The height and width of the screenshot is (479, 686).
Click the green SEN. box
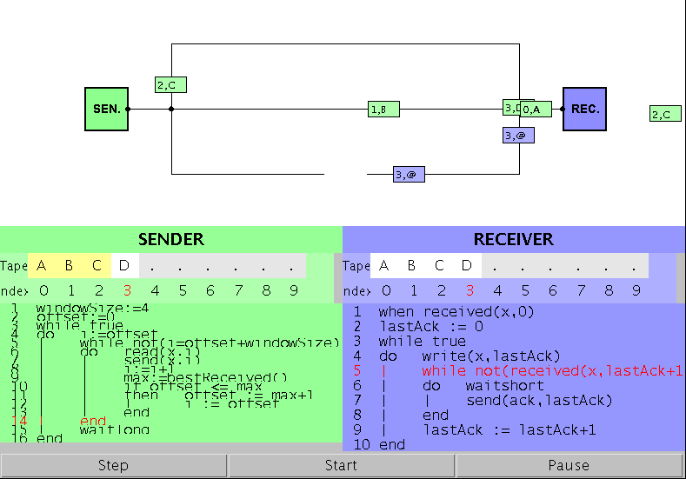pyautogui.click(x=106, y=110)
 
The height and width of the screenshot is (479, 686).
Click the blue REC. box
pyautogui.click(x=584, y=110)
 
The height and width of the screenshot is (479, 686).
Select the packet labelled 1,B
pyautogui.click(x=383, y=110)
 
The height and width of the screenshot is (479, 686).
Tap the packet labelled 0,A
pyautogui.click(x=536, y=110)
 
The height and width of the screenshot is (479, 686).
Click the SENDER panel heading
pyautogui.click(x=171, y=239)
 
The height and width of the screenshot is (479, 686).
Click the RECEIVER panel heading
pyautogui.click(x=513, y=239)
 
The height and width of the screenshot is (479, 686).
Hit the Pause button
pyautogui.click(x=569, y=465)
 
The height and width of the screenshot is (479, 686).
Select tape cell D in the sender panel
pyautogui.click(x=124, y=265)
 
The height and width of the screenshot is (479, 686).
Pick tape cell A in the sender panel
pyautogui.click(x=41, y=265)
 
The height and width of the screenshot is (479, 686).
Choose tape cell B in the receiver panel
pyautogui.click(x=412, y=265)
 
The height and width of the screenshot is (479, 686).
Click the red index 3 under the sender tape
pyautogui.click(x=127, y=290)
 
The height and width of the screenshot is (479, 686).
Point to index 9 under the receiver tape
pyautogui.click(x=636, y=290)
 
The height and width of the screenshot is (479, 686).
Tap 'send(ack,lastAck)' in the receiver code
pyautogui.click(x=539, y=400)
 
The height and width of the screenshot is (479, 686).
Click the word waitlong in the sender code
pyautogui.click(x=115, y=429)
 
